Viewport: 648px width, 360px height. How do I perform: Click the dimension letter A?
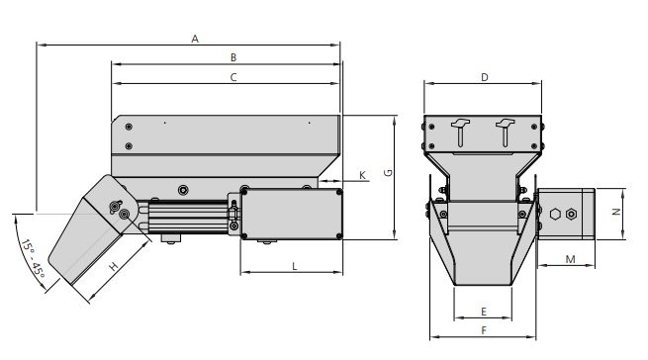pyautogui.click(x=196, y=39)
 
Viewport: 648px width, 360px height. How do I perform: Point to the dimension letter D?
pyautogui.click(x=485, y=76)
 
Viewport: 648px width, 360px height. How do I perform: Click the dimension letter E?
pyautogui.click(x=483, y=310)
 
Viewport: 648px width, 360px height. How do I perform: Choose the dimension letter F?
pyautogui.click(x=483, y=329)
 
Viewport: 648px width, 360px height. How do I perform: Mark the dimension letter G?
pyautogui.click(x=389, y=172)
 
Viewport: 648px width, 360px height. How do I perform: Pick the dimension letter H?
pyautogui.click(x=114, y=267)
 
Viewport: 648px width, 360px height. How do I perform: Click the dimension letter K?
pyautogui.click(x=362, y=174)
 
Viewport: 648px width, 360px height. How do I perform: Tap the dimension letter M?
pyautogui.click(x=571, y=259)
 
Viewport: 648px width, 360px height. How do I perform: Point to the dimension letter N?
pyautogui.click(x=613, y=213)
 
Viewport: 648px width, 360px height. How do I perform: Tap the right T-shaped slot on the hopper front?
pyautogui.click(x=504, y=128)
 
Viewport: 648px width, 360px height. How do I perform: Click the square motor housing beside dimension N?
pyautogui.click(x=566, y=214)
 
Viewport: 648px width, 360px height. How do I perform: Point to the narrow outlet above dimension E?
pyautogui.click(x=483, y=272)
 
